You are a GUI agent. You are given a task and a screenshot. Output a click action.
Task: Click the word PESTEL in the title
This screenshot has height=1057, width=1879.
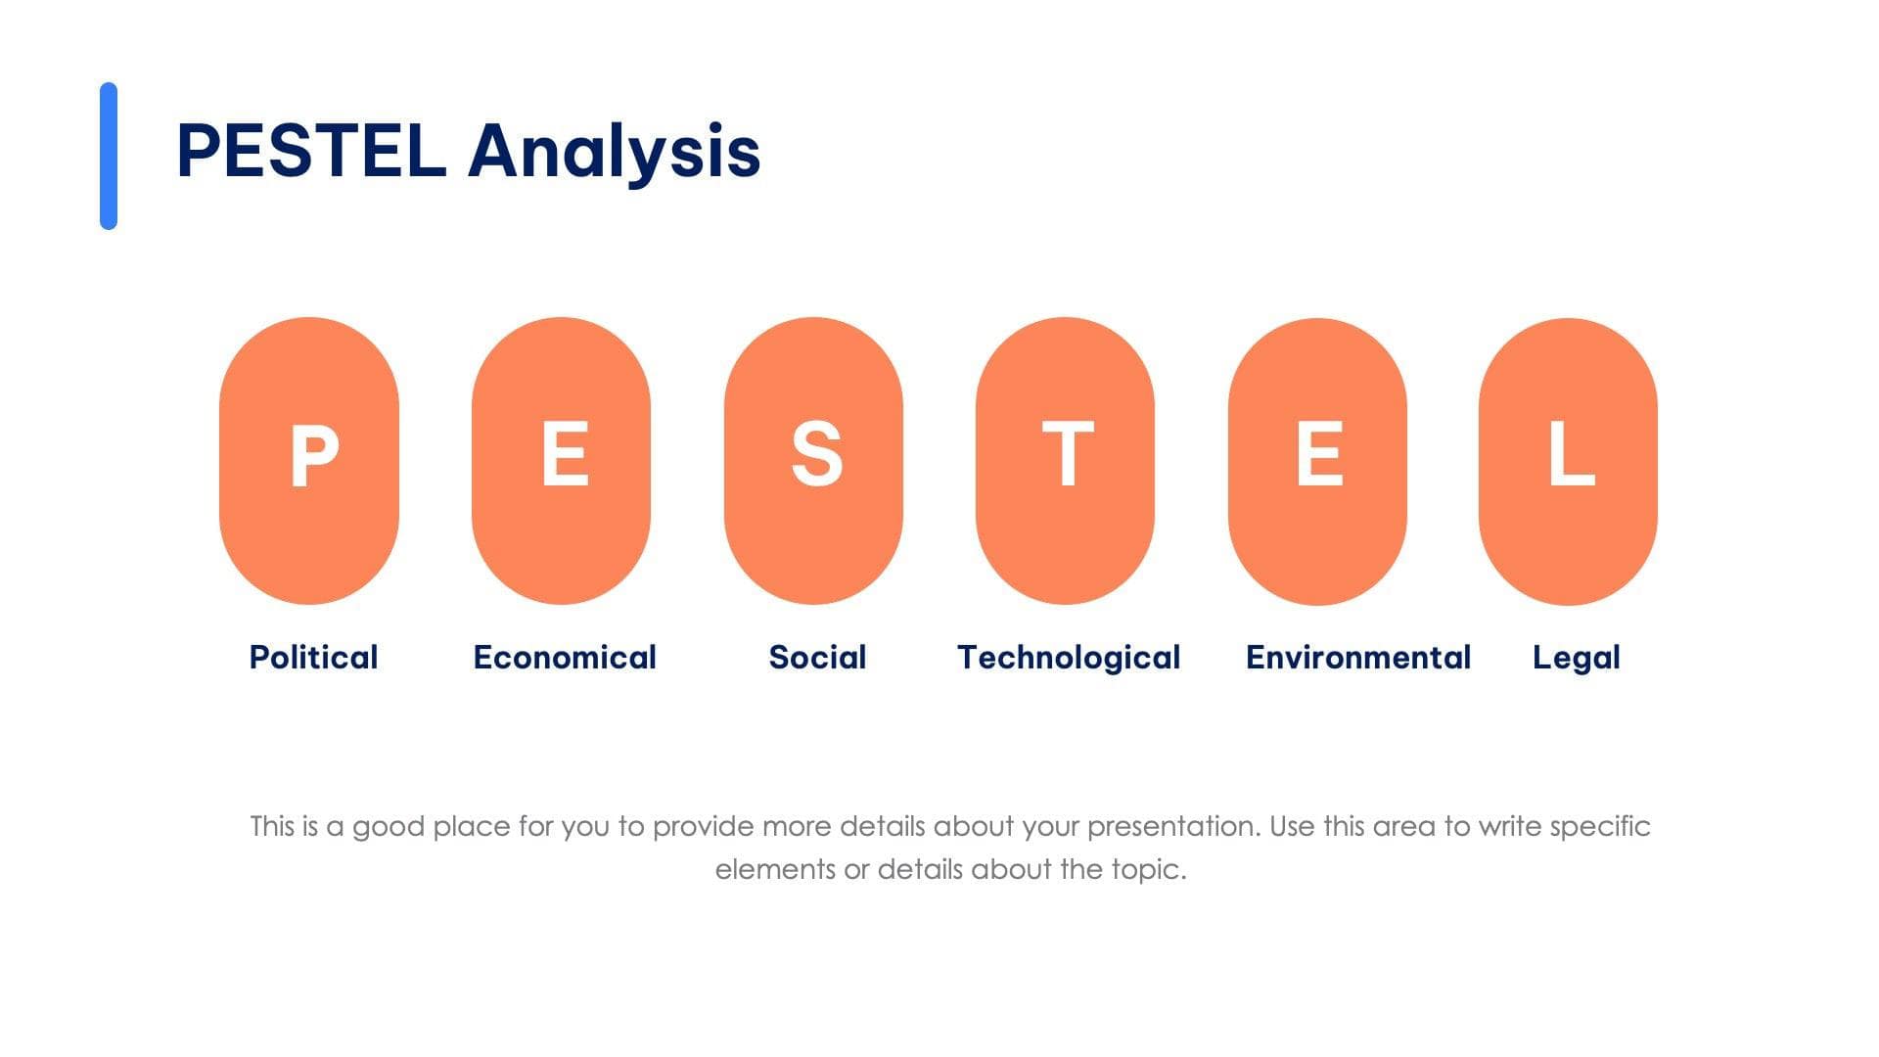(x=311, y=152)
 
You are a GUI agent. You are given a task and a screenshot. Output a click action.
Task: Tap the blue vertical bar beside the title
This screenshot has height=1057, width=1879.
(x=109, y=156)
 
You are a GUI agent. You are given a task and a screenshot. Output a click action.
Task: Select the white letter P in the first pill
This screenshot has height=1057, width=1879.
(x=313, y=456)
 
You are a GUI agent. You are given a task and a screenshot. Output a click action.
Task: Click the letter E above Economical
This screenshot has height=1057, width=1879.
(x=565, y=454)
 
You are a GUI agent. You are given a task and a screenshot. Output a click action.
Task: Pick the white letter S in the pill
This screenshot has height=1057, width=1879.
(x=816, y=454)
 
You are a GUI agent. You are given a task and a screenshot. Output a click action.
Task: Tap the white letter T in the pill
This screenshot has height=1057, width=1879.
(x=1067, y=454)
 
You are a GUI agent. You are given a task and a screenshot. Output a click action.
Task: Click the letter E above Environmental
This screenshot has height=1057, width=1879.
(x=1318, y=454)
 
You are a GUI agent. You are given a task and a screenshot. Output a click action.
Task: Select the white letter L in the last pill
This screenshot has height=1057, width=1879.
(x=1571, y=454)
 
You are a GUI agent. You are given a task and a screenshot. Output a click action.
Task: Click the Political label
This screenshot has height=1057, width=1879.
(x=313, y=658)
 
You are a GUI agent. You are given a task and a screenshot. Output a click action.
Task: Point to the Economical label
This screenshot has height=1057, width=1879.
(x=565, y=658)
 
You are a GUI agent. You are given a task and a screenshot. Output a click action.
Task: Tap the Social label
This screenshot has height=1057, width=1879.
(x=817, y=658)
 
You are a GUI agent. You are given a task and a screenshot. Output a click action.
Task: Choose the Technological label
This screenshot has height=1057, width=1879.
(x=1069, y=658)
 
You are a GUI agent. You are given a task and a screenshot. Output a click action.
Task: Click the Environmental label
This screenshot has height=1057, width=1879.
(x=1358, y=658)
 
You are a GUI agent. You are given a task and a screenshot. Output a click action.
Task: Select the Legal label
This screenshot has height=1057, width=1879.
(x=1576, y=658)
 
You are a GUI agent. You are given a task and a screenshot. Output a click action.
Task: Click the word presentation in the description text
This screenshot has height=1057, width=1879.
(x=1172, y=827)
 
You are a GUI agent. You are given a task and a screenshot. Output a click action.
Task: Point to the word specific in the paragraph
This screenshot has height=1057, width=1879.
(x=1600, y=827)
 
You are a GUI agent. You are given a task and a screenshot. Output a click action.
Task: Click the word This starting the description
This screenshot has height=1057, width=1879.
(x=272, y=827)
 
